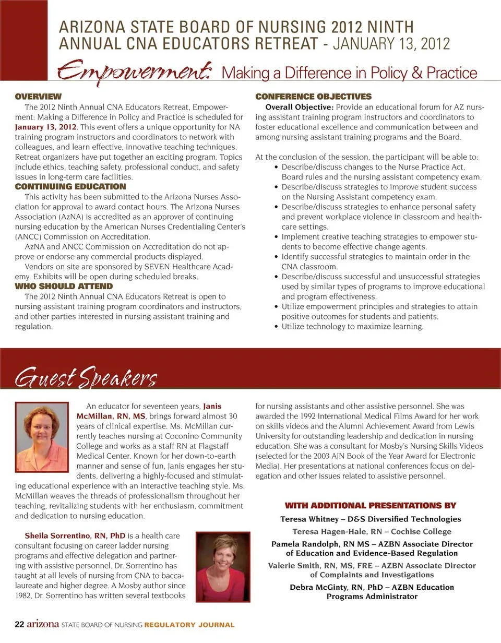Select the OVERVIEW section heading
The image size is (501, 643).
click(39, 97)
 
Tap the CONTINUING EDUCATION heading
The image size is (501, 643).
click(70, 186)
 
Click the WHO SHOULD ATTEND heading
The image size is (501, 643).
click(64, 286)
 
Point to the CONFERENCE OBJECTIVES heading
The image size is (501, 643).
click(313, 97)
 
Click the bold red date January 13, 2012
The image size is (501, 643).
click(46, 127)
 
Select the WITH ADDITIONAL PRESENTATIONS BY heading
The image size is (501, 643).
click(371, 505)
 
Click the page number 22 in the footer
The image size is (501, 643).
click(19, 624)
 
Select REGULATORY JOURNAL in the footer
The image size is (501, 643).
click(189, 625)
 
